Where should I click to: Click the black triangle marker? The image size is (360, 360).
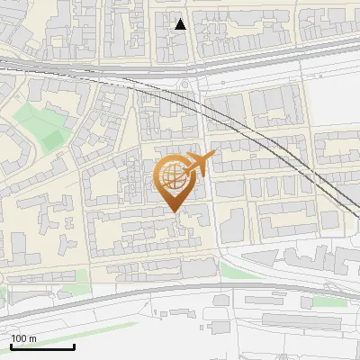pyautogui.click(x=181, y=24)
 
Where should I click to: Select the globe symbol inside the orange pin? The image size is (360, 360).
pyautogui.click(x=171, y=176)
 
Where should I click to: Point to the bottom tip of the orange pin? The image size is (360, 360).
pyautogui.click(x=172, y=212)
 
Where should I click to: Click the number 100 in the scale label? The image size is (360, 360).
pyautogui.click(x=19, y=338)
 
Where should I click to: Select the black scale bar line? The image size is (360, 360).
pyautogui.click(x=42, y=346)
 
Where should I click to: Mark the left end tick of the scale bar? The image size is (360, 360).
pyautogui.click(x=11, y=345)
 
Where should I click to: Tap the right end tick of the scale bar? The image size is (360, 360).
pyautogui.click(x=74, y=345)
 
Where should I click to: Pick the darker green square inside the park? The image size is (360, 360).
pyautogui.click(x=51, y=137)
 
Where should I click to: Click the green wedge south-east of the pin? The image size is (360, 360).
pyautogui.click(x=236, y=271)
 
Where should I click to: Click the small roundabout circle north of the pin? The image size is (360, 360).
pyautogui.click(x=187, y=85)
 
